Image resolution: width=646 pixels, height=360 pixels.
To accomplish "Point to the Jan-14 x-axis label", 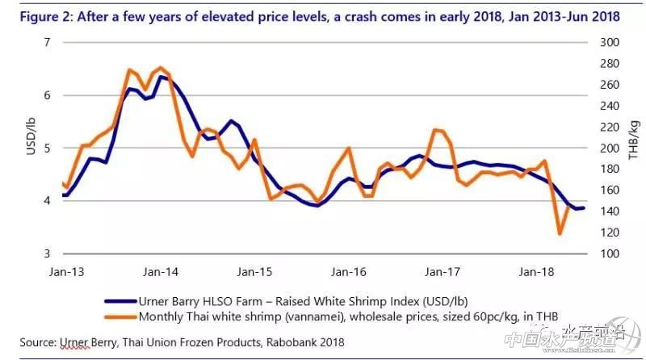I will [x=161, y=273].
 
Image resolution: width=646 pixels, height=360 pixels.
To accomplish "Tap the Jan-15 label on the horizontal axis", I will [x=255, y=273].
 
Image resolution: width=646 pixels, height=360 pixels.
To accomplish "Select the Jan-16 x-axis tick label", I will [x=349, y=273].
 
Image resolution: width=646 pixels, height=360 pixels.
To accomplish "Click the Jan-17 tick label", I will [x=443, y=273].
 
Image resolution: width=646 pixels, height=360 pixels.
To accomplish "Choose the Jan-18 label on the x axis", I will [x=536, y=273].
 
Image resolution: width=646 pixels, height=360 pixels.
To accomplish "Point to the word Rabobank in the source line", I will [x=288, y=342].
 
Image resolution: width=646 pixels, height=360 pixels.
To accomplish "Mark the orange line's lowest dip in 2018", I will [x=560, y=234].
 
